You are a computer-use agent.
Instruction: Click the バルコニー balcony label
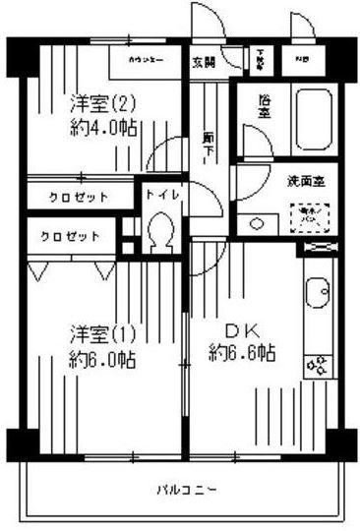(x=185, y=488)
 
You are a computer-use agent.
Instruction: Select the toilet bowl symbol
(x=159, y=233)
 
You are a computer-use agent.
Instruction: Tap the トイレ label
(x=162, y=195)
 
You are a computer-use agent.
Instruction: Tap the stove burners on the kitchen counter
(x=319, y=369)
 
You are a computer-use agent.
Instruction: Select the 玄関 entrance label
(x=204, y=63)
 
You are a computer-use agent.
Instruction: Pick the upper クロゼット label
(x=80, y=198)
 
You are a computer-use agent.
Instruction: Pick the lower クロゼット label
(x=70, y=236)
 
